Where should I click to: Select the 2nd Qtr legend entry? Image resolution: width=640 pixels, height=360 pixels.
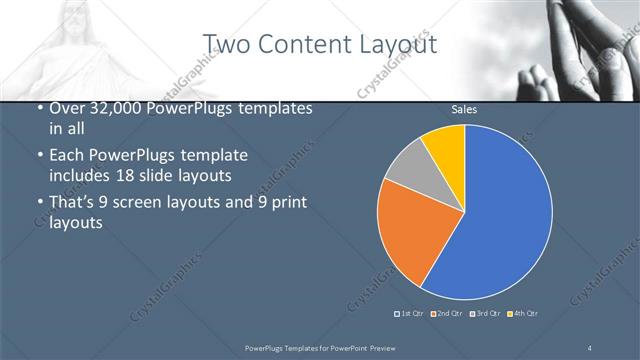pos(448,313)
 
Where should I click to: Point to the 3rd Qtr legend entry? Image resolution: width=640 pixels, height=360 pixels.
pos(485,313)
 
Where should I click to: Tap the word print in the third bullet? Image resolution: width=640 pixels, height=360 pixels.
pos(287,203)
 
